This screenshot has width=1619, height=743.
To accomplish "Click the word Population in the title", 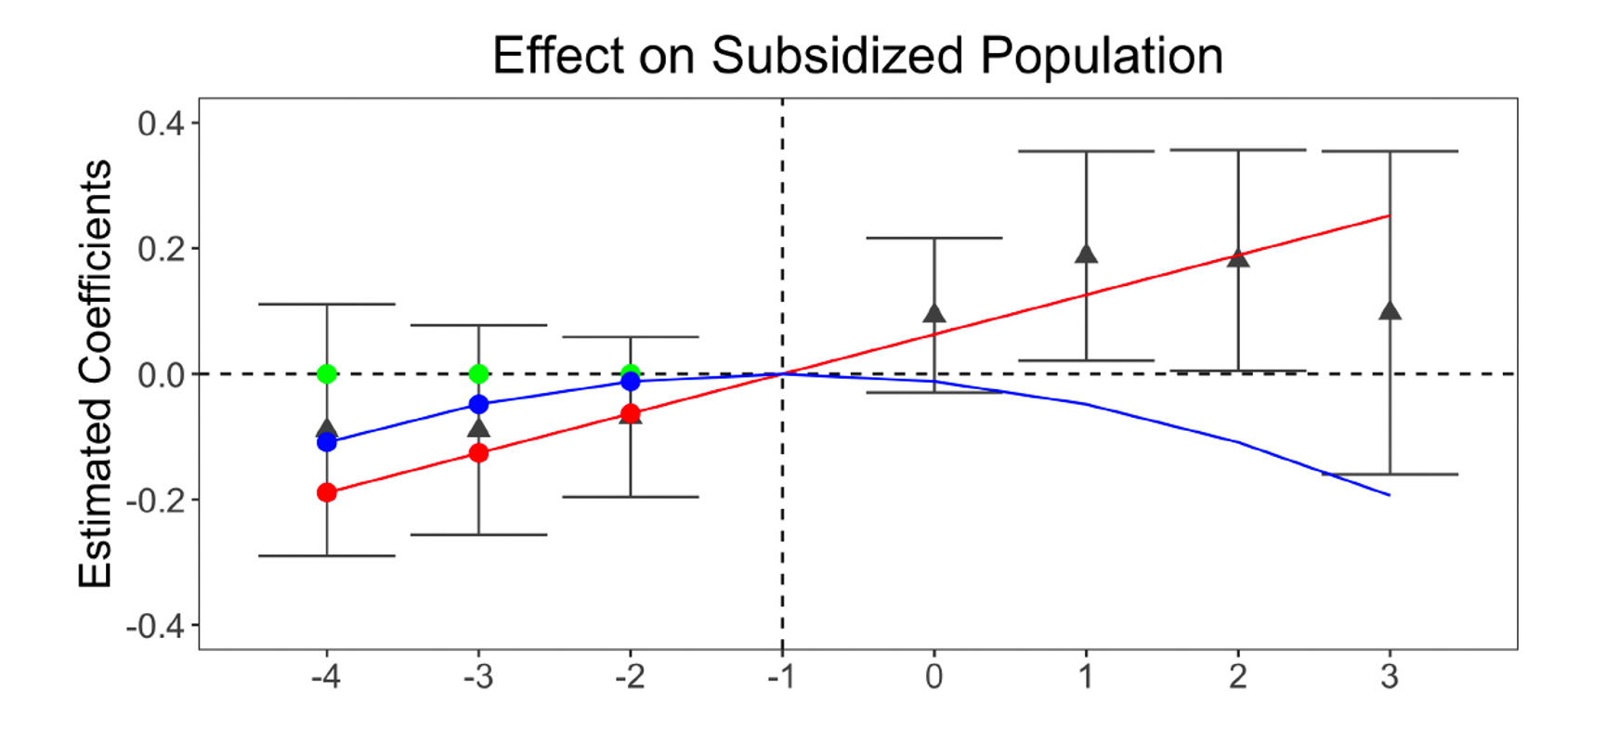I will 1102,56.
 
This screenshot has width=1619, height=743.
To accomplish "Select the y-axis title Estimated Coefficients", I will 95,373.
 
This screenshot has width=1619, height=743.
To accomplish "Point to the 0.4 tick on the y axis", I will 161,124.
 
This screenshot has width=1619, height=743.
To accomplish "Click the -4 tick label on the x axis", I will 326,677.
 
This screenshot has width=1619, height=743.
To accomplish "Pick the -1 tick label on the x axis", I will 782,677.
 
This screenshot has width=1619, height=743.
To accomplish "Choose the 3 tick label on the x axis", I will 1390,677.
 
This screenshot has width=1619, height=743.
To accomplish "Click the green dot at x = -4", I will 327,373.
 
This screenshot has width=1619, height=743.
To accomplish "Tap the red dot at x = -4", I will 327,492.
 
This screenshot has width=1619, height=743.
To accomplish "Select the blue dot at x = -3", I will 478,404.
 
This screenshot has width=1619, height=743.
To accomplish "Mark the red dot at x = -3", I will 478,453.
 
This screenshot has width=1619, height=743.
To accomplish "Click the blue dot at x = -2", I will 631,381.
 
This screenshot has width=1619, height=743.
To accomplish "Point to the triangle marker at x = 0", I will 934,313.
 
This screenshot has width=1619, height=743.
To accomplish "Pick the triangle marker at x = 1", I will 1087,254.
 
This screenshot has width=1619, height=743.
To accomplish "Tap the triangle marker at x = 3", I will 1390,310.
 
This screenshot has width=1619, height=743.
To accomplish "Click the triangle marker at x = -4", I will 327,428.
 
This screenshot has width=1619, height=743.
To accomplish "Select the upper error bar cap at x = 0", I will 934,238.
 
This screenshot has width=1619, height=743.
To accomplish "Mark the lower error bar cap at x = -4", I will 327,555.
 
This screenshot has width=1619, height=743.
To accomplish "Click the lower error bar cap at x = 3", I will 1390,475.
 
